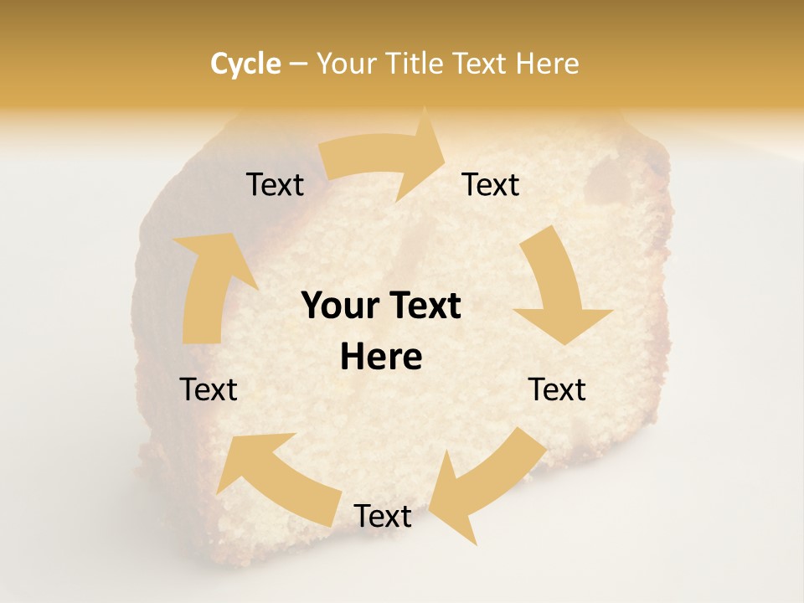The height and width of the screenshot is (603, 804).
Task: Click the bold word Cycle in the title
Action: coord(245,64)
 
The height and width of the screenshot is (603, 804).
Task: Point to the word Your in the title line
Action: coord(348,64)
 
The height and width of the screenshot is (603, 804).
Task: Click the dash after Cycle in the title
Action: coord(298,64)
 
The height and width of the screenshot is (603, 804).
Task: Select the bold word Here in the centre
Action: coord(381,358)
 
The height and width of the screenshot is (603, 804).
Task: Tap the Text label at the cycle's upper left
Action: coord(275,185)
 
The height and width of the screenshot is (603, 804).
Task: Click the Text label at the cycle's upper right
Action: coord(491,185)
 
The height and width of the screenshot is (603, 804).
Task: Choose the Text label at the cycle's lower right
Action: coord(557,389)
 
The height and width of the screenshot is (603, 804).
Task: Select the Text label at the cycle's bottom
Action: coord(383,517)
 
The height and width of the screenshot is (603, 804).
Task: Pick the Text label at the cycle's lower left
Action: coord(209,389)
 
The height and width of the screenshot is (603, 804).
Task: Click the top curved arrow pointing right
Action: coord(385,159)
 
